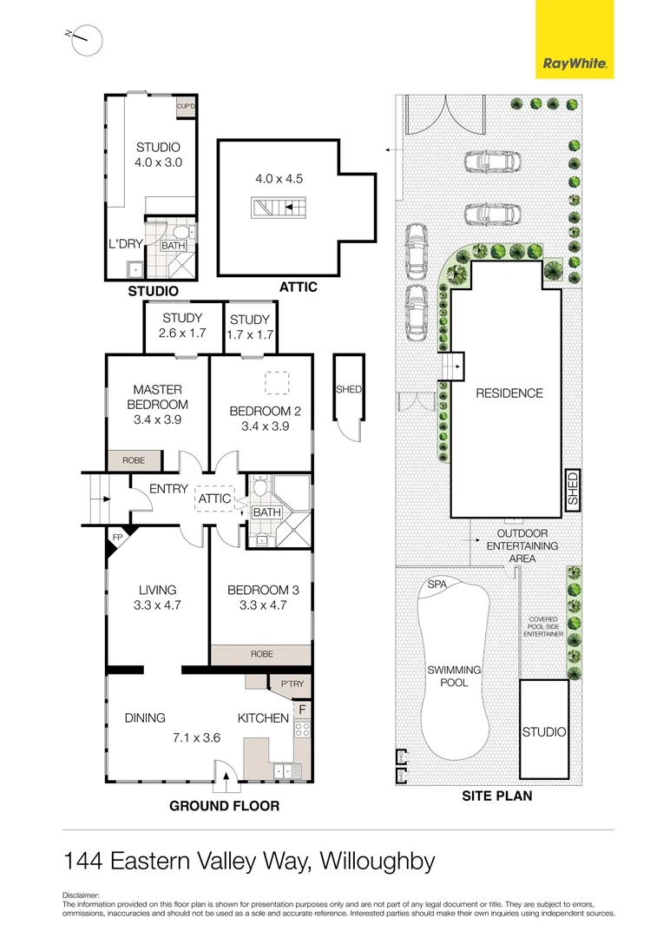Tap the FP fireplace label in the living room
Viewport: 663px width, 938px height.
(116, 538)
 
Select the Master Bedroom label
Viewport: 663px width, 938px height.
(157, 397)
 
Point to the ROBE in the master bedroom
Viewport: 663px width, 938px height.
(133, 460)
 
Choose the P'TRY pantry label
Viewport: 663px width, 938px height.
(292, 685)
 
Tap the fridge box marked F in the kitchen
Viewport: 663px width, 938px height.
(302, 710)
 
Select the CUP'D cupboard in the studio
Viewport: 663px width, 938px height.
(186, 107)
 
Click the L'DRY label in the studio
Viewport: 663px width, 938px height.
(123, 244)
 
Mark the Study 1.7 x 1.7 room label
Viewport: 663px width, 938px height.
(251, 327)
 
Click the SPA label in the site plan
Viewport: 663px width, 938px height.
(437, 585)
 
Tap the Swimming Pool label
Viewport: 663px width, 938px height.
(454, 676)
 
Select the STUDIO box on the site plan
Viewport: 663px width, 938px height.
(544, 730)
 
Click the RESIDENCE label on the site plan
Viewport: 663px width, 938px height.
(509, 393)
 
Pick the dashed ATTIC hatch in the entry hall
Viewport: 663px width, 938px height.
(213, 499)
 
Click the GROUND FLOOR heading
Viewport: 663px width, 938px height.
(224, 806)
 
